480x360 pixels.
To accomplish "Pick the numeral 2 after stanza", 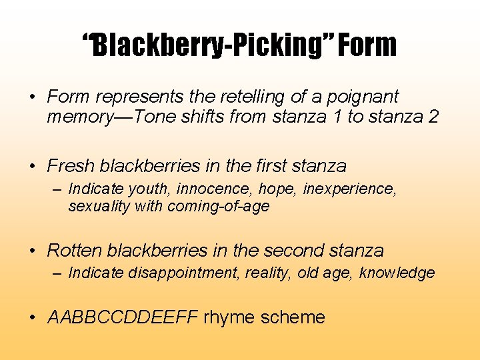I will tap(433, 117).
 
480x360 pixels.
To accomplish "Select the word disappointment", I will tap(183, 273).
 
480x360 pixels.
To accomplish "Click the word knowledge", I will tap(397, 273).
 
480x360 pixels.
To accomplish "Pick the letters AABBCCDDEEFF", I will tap(123, 317).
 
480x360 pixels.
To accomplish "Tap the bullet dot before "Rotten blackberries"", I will tap(33, 251).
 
